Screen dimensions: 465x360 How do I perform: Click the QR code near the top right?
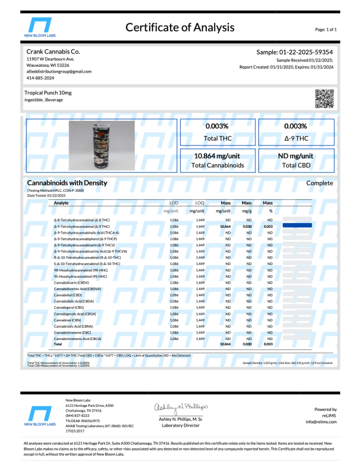point(325,99)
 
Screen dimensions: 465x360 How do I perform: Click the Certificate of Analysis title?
point(180,27)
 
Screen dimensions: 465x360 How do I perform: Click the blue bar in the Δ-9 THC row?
point(297,226)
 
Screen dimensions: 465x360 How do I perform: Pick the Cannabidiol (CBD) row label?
point(68,295)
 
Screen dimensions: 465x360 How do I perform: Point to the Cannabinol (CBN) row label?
point(68,320)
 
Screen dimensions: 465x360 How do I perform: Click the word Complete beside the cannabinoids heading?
point(319,183)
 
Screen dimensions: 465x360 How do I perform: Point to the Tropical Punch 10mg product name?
point(48,93)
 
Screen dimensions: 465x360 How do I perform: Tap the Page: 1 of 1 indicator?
point(325,28)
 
